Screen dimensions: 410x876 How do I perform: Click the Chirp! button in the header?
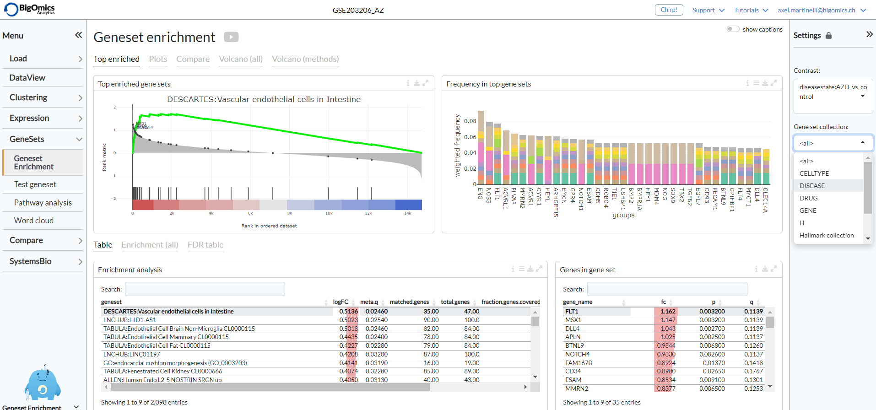pyautogui.click(x=669, y=10)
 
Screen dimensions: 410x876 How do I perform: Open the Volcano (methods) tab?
pyautogui.click(x=305, y=59)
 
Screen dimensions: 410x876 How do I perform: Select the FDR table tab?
pyautogui.click(x=205, y=245)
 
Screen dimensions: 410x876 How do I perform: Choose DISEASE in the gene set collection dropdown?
pyautogui.click(x=812, y=186)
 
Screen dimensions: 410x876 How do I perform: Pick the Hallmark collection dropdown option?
pyautogui.click(x=826, y=235)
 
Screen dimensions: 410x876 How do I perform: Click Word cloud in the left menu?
pyautogui.click(x=34, y=221)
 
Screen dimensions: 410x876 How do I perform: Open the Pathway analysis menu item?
pyautogui.click(x=43, y=203)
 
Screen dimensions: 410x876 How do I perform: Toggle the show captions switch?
pyautogui.click(x=733, y=29)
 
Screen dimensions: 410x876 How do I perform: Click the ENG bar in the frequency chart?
pyautogui.click(x=481, y=146)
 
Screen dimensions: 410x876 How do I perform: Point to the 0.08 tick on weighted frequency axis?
pyautogui.click(x=470, y=121)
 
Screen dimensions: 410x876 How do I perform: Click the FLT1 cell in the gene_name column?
pyautogui.click(x=572, y=312)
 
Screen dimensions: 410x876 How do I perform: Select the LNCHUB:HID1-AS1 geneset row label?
pyautogui.click(x=130, y=320)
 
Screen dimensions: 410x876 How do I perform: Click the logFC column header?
pyautogui.click(x=341, y=302)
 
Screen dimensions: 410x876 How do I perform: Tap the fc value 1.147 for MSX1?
pyautogui.click(x=668, y=320)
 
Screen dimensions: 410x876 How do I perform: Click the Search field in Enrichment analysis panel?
pyautogui.click(x=205, y=289)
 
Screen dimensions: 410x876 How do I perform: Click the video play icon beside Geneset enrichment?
pyautogui.click(x=231, y=37)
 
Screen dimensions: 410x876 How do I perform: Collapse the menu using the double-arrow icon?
pyautogui.click(x=78, y=35)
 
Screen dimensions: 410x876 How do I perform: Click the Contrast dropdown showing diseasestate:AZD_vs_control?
pyautogui.click(x=833, y=92)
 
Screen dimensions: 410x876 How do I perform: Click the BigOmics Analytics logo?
pyautogui.click(x=30, y=9)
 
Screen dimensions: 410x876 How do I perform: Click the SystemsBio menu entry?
pyautogui.click(x=31, y=261)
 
